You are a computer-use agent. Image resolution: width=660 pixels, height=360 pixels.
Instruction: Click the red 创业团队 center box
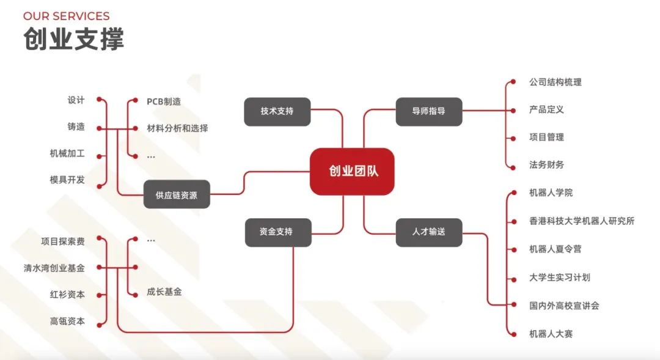(352, 171)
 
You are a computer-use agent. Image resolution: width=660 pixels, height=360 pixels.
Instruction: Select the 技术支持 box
(277, 112)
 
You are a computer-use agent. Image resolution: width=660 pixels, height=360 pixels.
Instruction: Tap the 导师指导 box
(429, 112)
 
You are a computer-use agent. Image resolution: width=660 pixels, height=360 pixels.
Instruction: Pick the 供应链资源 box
(177, 194)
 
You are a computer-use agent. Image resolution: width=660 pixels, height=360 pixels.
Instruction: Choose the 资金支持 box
(278, 232)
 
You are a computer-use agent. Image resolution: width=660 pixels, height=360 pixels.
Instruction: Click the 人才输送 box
(429, 232)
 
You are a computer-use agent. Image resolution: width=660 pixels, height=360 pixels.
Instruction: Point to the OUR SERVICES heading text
(67, 16)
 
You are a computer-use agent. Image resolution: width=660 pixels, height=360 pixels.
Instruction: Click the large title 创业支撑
(74, 39)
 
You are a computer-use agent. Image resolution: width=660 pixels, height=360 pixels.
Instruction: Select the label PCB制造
(164, 101)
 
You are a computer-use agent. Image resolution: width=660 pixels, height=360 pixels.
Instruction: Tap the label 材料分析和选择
(177, 128)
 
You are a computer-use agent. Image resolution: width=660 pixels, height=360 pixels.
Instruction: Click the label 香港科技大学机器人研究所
(582, 221)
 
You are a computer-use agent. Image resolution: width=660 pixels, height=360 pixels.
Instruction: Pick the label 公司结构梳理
(555, 82)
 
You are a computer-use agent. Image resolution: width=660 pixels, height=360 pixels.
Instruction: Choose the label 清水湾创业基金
(54, 268)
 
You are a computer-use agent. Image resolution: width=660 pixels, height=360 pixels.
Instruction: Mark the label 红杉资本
(67, 295)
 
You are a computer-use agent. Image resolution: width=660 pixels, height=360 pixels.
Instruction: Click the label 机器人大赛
(551, 334)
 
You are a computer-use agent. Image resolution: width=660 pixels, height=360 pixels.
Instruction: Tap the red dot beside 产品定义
(513, 111)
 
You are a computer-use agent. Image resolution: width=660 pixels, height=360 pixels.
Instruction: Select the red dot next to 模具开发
(100, 186)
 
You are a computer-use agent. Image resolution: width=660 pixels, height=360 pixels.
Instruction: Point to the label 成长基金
(164, 292)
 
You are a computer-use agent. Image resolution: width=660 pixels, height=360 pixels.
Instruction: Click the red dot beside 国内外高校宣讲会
(513, 304)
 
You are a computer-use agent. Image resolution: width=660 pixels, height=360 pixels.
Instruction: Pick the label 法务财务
(547, 164)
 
